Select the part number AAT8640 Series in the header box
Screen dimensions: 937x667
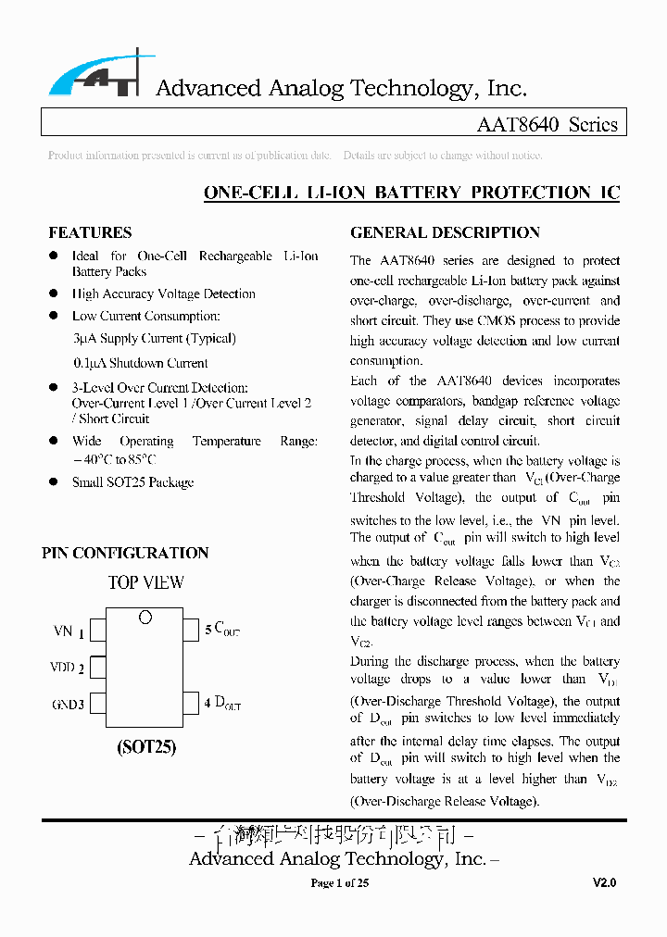(x=547, y=124)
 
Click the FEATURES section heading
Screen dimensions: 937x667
(x=90, y=232)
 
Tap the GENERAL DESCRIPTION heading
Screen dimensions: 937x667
(x=445, y=232)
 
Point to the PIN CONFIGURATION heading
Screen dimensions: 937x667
(x=125, y=553)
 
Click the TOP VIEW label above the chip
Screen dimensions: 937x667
(x=146, y=582)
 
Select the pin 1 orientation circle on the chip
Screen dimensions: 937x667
(x=145, y=618)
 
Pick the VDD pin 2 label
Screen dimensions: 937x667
(x=67, y=668)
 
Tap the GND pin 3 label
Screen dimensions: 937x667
(x=68, y=705)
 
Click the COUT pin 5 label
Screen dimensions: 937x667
(x=222, y=631)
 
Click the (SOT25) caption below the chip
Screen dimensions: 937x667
(x=146, y=746)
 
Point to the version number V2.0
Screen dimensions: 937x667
(x=604, y=883)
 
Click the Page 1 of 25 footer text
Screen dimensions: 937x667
(x=340, y=883)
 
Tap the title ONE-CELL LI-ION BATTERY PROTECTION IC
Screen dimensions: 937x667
(x=411, y=193)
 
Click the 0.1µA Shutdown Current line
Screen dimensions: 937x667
(x=140, y=363)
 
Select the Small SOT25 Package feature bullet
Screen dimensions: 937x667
(x=132, y=481)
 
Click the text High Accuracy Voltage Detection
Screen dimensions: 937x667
(x=163, y=294)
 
